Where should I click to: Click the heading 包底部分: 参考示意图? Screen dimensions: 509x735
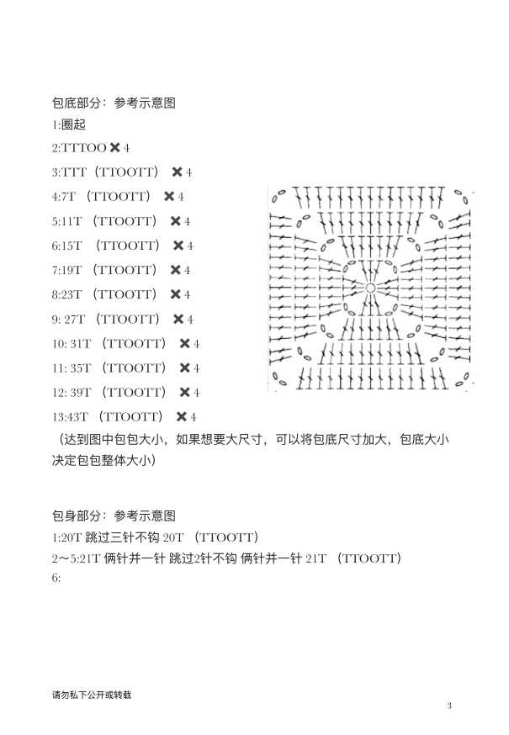click(114, 103)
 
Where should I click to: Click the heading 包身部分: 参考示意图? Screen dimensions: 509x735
click(114, 516)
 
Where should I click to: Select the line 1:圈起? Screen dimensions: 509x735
click(69, 124)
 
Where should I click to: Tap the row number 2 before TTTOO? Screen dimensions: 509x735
click(55, 148)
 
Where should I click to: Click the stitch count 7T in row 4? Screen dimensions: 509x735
click(68, 197)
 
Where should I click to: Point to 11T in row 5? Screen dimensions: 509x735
click(72, 221)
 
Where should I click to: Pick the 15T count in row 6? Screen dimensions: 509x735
click(72, 246)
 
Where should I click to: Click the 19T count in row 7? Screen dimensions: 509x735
click(72, 270)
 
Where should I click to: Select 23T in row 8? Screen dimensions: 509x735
click(72, 294)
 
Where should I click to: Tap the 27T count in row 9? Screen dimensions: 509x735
click(75, 320)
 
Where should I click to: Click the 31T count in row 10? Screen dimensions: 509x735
click(78, 344)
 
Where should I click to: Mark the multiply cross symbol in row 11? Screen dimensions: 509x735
click(184, 368)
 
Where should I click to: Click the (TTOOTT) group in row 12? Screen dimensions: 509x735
click(134, 393)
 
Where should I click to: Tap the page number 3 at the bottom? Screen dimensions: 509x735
click(449, 706)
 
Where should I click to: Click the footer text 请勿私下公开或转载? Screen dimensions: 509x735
click(92, 695)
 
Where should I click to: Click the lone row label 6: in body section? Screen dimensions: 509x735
click(56, 578)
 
